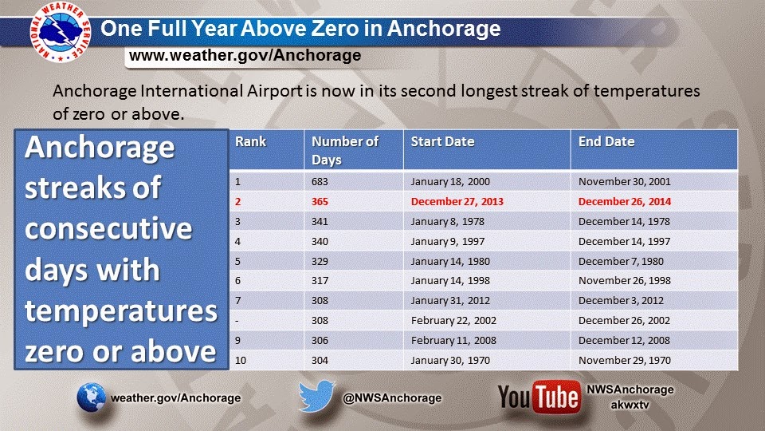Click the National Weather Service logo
pyautogui.click(x=61, y=32)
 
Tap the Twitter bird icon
pyautogui.click(x=316, y=397)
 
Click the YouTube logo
pyautogui.click(x=539, y=397)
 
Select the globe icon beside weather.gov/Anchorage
pyautogui.click(x=91, y=397)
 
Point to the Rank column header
pyautogui.click(x=251, y=142)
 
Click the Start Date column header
pyautogui.click(x=442, y=142)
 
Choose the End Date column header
pyautogui.click(x=606, y=142)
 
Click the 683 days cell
pyautogui.click(x=320, y=182)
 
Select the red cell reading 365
pyautogui.click(x=320, y=202)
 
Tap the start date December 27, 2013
pyautogui.click(x=457, y=202)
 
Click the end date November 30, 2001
pyautogui.click(x=625, y=182)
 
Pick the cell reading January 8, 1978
pyautogui.click(x=447, y=222)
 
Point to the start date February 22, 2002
pyautogui.click(x=453, y=321)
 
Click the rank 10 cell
pyautogui.click(x=241, y=361)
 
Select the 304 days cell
pyautogui.click(x=320, y=361)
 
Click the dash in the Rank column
pyautogui.click(x=237, y=322)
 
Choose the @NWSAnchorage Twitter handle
pyautogui.click(x=392, y=398)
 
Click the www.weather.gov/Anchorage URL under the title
pyautogui.click(x=245, y=55)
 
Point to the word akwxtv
pyautogui.click(x=630, y=405)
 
